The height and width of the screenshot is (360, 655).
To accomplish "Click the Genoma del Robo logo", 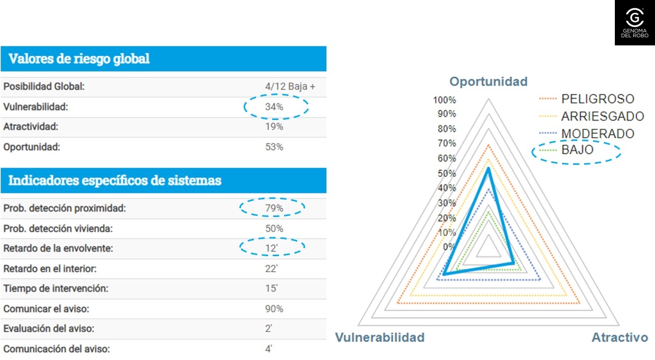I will tap(634, 22).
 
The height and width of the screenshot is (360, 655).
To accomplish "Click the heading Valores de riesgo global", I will tap(79, 58).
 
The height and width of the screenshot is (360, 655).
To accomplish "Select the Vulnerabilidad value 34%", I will tap(274, 107).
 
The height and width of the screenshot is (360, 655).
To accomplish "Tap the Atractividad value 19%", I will tap(274, 127).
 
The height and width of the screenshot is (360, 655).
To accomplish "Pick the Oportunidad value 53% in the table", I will tap(274, 147).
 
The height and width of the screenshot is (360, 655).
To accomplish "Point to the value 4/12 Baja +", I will tap(290, 87).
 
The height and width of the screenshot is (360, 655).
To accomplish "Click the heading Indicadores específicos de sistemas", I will tap(115, 181).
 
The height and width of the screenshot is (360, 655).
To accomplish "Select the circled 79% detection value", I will tap(274, 208).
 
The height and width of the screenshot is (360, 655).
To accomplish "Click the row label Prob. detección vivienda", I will tap(57, 229).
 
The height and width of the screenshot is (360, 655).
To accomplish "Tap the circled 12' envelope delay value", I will tap(271, 248).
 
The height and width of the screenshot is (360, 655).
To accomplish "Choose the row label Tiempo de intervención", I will tap(56, 289).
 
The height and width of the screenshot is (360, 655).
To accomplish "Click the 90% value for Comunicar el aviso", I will tap(274, 309).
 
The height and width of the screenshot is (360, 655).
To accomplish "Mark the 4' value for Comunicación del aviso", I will tap(269, 349).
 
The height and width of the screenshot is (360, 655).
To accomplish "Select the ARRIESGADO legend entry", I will tap(602, 116).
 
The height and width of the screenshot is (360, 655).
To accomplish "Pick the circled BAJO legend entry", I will tap(577, 150).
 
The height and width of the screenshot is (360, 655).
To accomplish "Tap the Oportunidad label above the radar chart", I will tap(489, 81).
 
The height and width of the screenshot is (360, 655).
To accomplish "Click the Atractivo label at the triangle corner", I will tap(620, 337).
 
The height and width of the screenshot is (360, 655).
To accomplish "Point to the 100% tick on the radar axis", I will tap(445, 100).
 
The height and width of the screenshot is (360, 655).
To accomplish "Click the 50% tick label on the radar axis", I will tap(446, 174).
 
